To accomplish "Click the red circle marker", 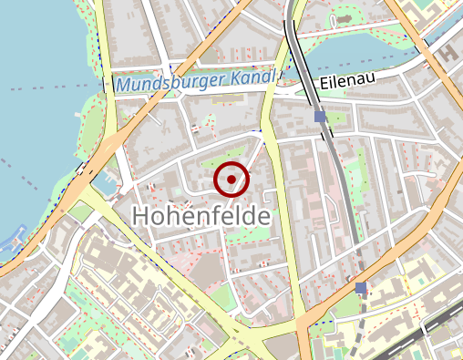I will pos(231,180).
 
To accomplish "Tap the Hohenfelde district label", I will pos(201,217).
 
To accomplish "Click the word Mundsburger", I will pos(168,84).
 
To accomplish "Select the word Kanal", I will pos(251,78).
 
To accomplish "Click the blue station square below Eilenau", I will pos(320,117).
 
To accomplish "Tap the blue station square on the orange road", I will pos(361,288).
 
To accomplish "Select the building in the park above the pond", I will pos(345,15).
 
